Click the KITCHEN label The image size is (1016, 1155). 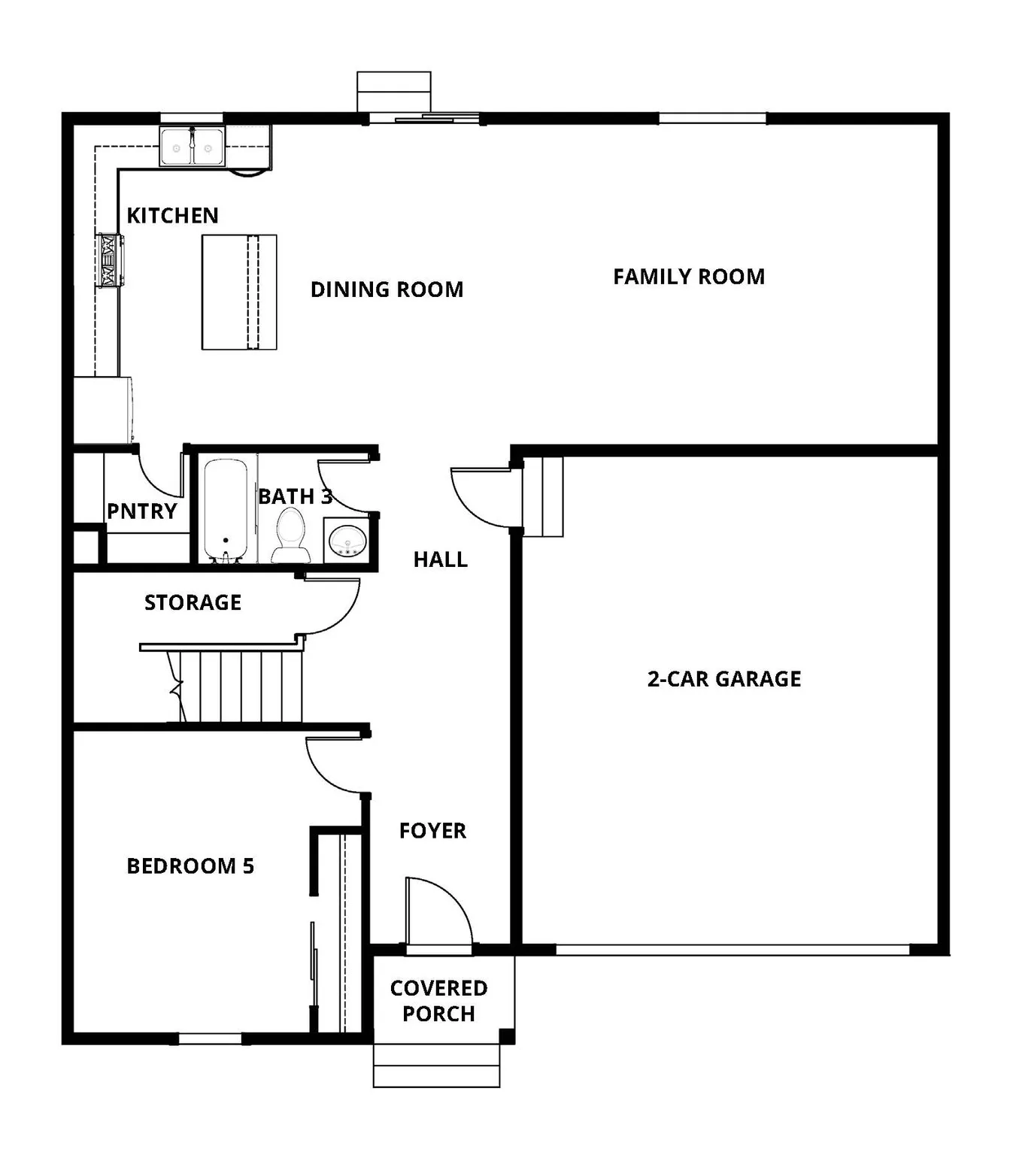[x=172, y=216]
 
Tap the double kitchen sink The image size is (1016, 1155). [x=192, y=146]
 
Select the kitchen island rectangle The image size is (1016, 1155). [x=238, y=292]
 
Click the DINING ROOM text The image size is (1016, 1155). [x=387, y=290]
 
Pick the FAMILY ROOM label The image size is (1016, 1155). [x=688, y=277]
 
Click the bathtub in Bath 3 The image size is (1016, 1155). [x=226, y=510]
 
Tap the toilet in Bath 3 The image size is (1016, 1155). [x=290, y=535]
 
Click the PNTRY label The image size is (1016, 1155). [x=141, y=511]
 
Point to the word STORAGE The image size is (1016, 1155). [x=193, y=602]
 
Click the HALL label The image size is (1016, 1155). [x=440, y=559]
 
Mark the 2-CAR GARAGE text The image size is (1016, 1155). [x=723, y=679]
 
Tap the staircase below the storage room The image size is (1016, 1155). [x=241, y=686]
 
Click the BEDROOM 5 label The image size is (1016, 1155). [x=190, y=866]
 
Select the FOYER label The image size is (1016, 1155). [x=432, y=831]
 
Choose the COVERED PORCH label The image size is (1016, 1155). [x=438, y=1001]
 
